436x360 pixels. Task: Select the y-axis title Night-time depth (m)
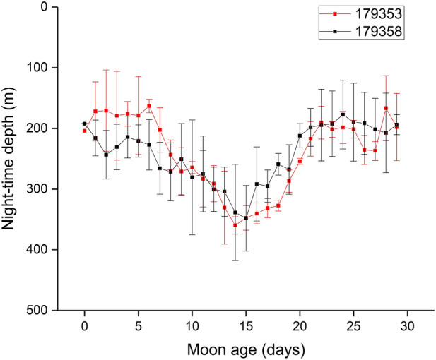pyautogui.click(x=12, y=159)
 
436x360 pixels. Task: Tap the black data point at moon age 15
pyautogui.click(x=246, y=218)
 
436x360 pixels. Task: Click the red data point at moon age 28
pyautogui.click(x=386, y=108)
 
